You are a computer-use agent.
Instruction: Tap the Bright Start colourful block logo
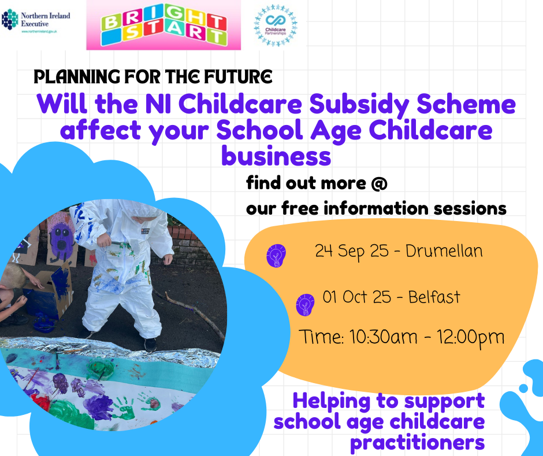click(163, 25)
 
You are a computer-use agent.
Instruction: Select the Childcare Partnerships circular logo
click(276, 25)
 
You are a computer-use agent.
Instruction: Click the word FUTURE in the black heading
click(238, 77)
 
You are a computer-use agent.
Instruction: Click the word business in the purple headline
click(276, 156)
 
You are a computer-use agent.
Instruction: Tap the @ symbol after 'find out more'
click(379, 183)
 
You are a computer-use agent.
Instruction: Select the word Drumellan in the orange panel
click(444, 251)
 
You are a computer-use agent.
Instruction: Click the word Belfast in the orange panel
click(434, 297)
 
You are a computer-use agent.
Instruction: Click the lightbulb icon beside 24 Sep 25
click(276, 256)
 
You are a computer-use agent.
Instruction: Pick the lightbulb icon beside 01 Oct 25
click(305, 305)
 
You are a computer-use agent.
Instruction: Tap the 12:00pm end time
click(470, 338)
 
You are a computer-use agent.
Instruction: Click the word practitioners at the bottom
click(417, 443)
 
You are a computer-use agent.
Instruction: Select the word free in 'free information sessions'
click(300, 208)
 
